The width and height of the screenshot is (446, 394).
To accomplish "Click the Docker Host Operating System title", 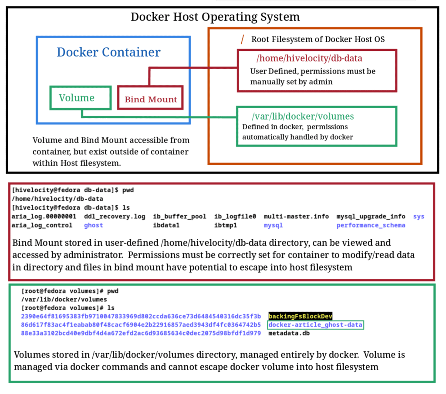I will click(x=215, y=17).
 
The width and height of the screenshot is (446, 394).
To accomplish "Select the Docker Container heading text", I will click(x=108, y=52).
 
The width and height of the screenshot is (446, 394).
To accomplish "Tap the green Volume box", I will click(x=80, y=98).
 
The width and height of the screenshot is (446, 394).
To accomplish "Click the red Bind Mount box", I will click(x=151, y=99).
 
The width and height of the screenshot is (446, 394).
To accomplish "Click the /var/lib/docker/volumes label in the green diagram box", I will click(x=303, y=116).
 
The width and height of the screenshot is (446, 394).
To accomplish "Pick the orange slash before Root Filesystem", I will click(x=243, y=40).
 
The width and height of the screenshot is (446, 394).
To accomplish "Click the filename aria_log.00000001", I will click(x=44, y=216).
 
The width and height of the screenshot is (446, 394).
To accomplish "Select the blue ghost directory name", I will click(x=93, y=225).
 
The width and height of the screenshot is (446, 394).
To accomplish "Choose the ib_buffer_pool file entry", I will click(x=179, y=216).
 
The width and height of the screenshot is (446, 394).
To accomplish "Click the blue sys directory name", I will click(x=419, y=216).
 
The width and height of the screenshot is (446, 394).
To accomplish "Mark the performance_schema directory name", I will click(x=371, y=225).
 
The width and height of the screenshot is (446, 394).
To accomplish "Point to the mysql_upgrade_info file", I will click(x=371, y=216).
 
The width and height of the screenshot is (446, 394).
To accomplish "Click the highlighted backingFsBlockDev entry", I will click(x=301, y=316).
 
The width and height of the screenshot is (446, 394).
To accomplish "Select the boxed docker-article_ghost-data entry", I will click(x=315, y=325).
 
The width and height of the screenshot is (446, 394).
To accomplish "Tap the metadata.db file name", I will click(x=289, y=334).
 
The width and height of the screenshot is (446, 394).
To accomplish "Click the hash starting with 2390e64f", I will click(x=140, y=316).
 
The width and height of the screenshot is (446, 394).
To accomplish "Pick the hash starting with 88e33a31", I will click(x=140, y=334).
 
